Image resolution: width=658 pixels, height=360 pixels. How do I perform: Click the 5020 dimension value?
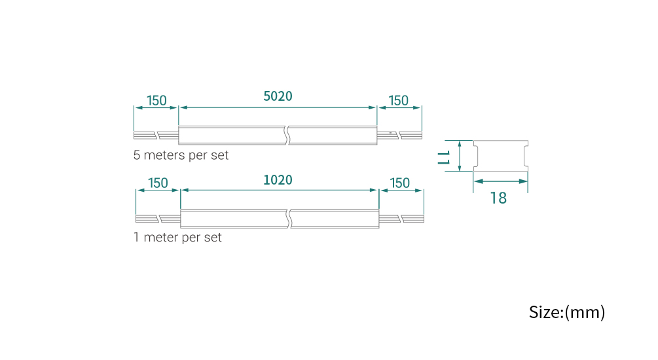[278, 96]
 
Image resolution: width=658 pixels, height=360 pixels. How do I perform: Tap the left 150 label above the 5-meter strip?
[156, 101]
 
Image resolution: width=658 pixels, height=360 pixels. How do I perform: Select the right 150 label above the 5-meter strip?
[398, 101]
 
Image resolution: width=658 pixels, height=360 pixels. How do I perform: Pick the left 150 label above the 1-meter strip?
[158, 183]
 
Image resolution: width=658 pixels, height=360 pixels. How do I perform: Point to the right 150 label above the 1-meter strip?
[399, 183]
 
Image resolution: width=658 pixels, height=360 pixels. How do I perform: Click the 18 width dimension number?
[498, 198]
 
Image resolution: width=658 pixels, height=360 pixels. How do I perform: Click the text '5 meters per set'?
[181, 156]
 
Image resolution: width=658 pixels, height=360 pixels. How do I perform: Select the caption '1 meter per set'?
[177, 237]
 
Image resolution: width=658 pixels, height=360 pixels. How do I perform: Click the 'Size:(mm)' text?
[566, 312]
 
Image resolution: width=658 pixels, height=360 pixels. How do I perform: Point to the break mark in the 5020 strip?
[287, 135]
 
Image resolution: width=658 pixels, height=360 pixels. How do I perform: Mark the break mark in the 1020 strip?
[289, 219]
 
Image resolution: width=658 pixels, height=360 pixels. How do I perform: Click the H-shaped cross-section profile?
[500, 156]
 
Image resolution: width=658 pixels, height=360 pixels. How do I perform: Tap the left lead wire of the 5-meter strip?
[156, 135]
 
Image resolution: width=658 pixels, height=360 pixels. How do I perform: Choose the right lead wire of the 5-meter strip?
[399, 135]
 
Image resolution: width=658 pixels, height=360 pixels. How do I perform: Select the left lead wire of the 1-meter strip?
[157, 219]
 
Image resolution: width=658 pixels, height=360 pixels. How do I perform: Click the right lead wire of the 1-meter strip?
[401, 219]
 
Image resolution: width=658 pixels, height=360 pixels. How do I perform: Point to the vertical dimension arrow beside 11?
[460, 156]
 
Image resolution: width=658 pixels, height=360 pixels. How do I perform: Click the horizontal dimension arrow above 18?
[500, 181]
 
